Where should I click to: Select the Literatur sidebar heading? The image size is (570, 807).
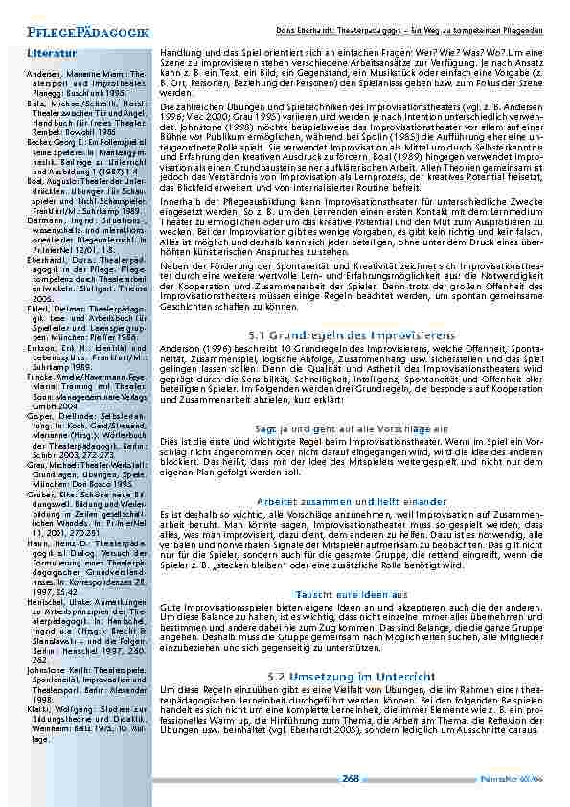pos(52,53)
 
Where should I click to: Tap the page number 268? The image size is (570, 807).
pos(351,779)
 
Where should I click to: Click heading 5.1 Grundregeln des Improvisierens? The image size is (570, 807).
pos(349,334)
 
